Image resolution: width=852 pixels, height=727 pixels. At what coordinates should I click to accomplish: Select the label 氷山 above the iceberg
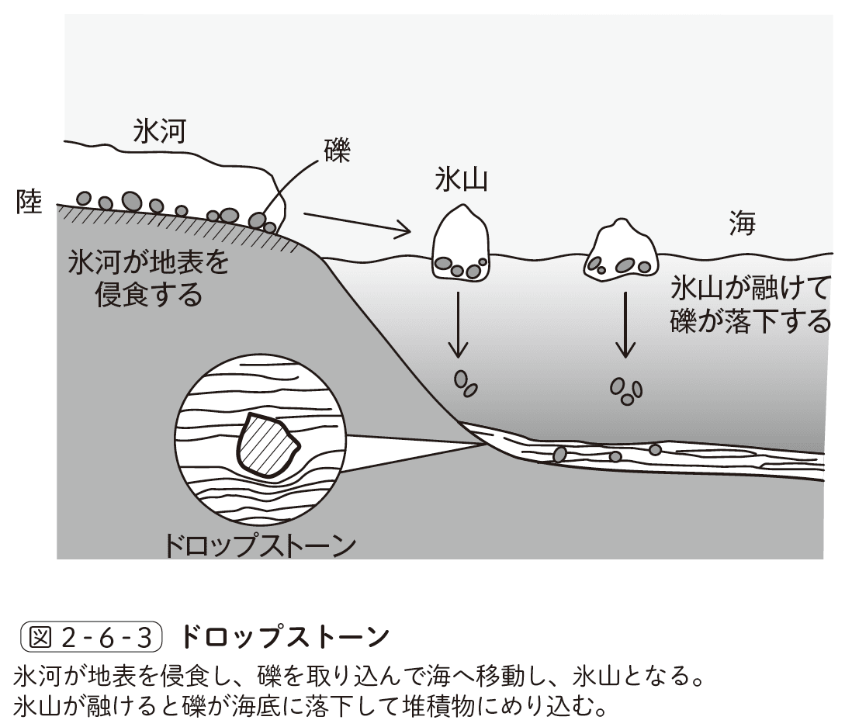(x=460, y=181)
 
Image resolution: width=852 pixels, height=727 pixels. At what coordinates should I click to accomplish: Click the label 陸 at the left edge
(x=29, y=203)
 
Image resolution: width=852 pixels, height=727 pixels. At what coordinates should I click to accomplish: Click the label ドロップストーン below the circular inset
(x=260, y=545)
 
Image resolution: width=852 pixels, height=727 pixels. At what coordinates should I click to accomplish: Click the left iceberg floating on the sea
(x=461, y=243)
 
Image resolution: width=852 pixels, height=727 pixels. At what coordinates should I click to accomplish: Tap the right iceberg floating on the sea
(x=621, y=250)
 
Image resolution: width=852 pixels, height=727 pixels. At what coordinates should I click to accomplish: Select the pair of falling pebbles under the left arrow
(x=465, y=383)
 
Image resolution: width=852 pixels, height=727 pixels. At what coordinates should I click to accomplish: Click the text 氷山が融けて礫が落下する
(x=750, y=304)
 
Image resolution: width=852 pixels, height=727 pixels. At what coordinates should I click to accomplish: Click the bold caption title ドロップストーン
(x=283, y=638)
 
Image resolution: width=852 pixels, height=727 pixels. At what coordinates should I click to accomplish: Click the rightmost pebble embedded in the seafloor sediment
(x=655, y=449)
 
